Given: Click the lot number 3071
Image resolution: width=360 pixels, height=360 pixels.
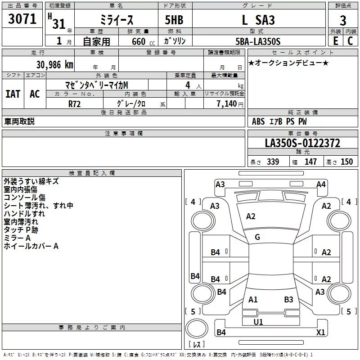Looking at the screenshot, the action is pos(22,19).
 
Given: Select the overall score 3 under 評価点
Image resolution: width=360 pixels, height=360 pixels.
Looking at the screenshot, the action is pos(343,20).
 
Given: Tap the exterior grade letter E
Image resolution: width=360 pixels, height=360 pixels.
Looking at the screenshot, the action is pos(336,41).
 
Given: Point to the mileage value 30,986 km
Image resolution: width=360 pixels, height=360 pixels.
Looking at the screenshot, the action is pos(52,64).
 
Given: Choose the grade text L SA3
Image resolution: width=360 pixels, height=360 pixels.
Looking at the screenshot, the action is pos(258,20).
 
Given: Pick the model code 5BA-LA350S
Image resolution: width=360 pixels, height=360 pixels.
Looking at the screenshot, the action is pos(258,41).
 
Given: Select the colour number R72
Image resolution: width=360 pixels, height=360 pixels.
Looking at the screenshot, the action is pos(75,103).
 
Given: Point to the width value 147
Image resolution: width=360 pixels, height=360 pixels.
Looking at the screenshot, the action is pos(310,162).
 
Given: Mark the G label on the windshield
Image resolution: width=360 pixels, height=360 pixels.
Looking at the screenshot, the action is pos(257,237).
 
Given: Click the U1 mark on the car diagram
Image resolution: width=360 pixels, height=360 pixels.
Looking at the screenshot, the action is pos(258,322).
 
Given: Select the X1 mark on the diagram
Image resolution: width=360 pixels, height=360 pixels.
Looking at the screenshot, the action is pos(321,333).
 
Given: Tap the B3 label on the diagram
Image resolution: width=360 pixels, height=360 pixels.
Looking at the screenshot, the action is pos(289,299).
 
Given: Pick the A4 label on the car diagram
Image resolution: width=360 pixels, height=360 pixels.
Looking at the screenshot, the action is pos(321,184).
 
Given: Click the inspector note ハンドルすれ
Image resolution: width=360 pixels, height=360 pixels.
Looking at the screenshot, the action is pos(24,214).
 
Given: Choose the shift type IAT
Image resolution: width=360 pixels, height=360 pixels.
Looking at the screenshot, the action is pos(13,94).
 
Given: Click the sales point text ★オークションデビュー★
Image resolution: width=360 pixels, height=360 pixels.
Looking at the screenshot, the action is pos(288,63).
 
